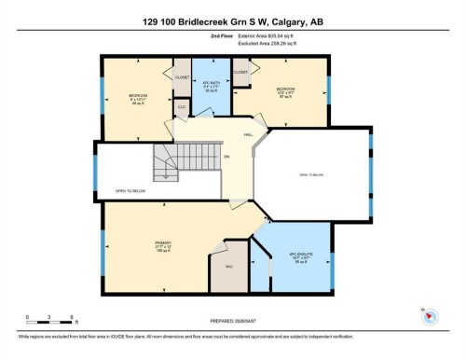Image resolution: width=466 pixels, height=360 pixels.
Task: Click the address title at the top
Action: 233,21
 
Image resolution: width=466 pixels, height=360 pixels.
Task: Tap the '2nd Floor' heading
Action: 223,39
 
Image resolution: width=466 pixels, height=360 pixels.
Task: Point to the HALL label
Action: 249,134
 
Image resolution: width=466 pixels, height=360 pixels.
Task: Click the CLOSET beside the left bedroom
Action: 182,77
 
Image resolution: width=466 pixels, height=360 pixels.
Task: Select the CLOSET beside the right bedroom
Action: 240,72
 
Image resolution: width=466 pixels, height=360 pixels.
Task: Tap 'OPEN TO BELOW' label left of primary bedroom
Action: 130,190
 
